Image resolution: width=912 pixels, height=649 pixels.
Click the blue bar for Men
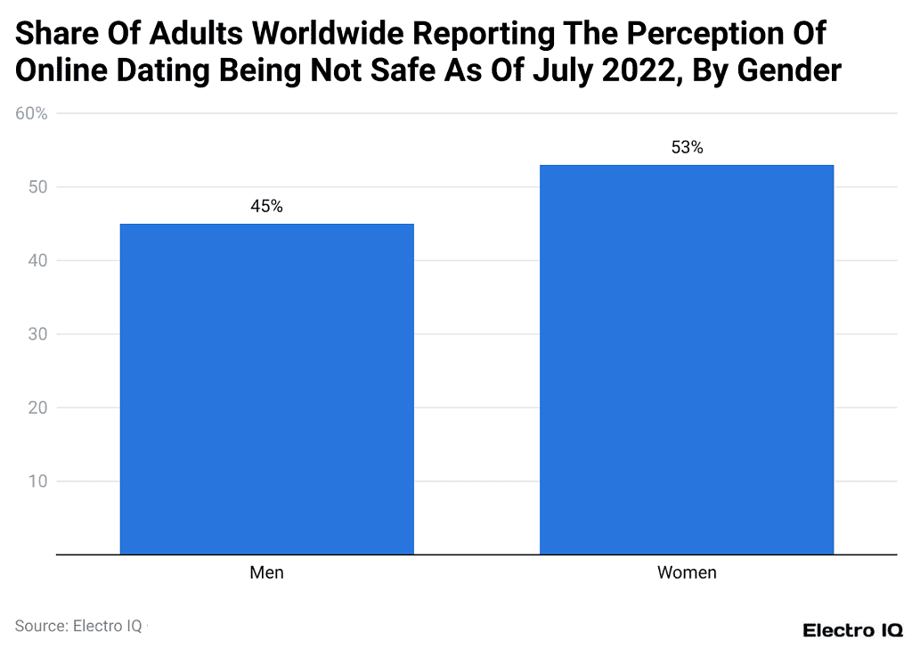[x=266, y=389]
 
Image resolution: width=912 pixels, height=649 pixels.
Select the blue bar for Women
[x=687, y=359]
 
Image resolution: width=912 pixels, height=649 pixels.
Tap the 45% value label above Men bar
[x=266, y=207]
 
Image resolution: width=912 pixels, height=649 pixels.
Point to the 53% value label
[x=687, y=148]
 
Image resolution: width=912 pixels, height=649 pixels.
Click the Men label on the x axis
[x=266, y=572]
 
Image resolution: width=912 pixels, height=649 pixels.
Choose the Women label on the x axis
[x=687, y=572]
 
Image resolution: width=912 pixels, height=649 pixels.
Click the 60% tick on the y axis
[x=31, y=114]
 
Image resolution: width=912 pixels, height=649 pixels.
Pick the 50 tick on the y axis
[x=37, y=187]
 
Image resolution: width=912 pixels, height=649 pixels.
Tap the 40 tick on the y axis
[x=37, y=261]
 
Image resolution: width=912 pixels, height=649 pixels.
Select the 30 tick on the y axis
[x=37, y=334]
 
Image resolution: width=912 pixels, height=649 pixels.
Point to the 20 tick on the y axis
[x=37, y=408]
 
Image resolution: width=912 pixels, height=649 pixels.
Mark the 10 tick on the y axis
[x=37, y=481]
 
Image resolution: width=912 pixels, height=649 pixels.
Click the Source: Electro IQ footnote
[x=78, y=626]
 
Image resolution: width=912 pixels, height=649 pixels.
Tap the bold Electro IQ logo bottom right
[x=851, y=629]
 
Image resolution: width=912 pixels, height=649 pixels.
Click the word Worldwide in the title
[x=340, y=34]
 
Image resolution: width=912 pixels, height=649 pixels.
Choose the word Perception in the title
[x=697, y=34]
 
